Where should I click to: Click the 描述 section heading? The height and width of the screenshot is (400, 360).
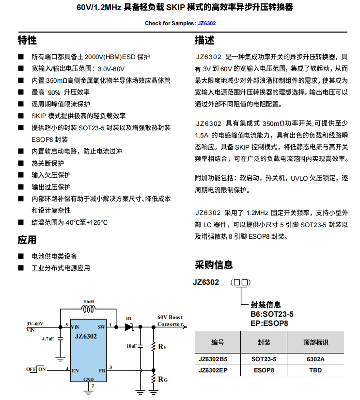tap(204, 40)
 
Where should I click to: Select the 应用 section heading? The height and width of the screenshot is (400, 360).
tap(27, 240)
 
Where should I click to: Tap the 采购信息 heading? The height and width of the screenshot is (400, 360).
tap(214, 264)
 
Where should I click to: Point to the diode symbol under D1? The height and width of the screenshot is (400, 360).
tap(129, 326)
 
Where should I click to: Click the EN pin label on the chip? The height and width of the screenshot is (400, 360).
tap(75, 371)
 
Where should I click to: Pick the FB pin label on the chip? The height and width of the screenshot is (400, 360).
tap(102, 371)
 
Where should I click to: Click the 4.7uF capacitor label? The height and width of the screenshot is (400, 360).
tap(47, 338)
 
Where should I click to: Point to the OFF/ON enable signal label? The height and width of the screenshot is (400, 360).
tap(36, 369)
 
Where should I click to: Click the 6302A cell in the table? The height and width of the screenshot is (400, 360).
tap(315, 359)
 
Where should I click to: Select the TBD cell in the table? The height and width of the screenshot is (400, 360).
tap(315, 370)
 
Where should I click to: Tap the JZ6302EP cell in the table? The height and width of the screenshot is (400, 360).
tap(213, 370)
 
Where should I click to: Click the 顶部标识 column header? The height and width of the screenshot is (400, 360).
tap(315, 342)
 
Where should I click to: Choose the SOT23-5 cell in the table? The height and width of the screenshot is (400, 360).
tap(264, 359)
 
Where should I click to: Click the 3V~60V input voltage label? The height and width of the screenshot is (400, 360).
tap(35, 323)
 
